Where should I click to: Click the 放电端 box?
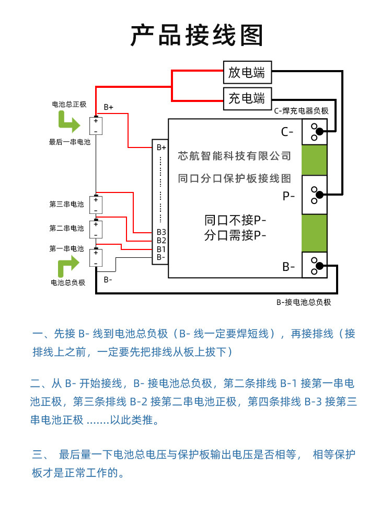click(247, 73)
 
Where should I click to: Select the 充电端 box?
click(247, 98)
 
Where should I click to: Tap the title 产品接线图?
click(197, 36)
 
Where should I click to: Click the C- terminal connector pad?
click(314, 132)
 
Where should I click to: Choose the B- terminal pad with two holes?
click(314, 265)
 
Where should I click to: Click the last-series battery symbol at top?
click(96, 126)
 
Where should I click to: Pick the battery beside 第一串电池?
click(96, 258)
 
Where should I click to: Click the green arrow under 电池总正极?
click(68, 124)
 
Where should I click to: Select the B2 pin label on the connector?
click(161, 241)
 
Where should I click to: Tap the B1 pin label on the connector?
click(161, 249)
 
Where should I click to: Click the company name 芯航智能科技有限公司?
click(234, 156)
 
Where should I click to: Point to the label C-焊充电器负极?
click(302, 111)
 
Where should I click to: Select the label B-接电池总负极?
click(304, 302)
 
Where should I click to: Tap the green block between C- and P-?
click(314, 160)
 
